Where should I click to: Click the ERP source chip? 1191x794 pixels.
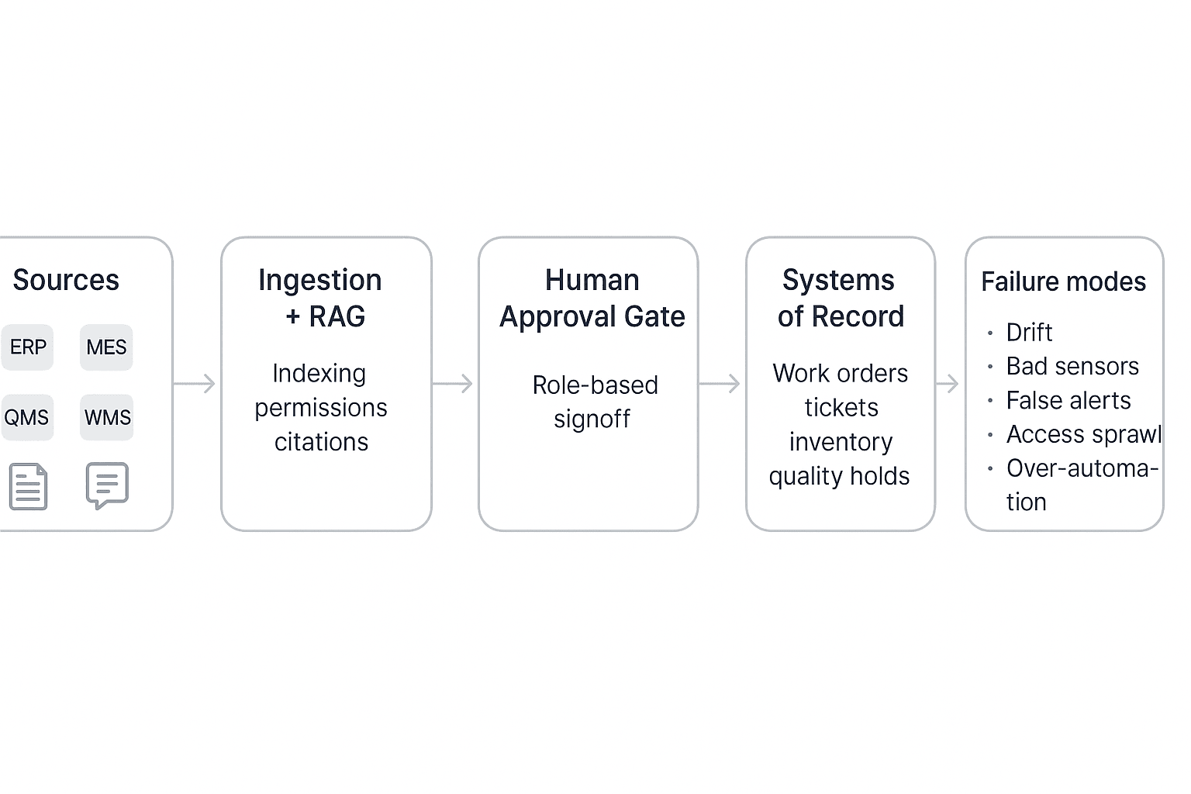point(28,347)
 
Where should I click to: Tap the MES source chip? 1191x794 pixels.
point(106,347)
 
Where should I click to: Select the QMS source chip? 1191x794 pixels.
point(27,418)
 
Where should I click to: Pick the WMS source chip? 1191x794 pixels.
point(107,418)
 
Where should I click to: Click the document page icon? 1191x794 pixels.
point(29,487)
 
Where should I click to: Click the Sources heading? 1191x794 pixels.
point(66,280)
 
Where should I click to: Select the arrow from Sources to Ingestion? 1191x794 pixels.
point(195,384)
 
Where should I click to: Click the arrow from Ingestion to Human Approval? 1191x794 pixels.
point(453,384)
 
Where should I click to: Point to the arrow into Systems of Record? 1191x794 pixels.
point(720,384)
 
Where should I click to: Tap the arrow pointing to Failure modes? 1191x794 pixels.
point(948,384)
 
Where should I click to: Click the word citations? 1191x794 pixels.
point(321,442)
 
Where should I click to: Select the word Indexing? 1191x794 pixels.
point(319,374)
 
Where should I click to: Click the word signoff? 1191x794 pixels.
point(592,419)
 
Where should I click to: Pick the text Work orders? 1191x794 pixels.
point(840,374)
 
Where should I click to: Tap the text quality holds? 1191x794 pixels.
point(839,476)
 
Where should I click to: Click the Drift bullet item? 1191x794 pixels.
point(1029,333)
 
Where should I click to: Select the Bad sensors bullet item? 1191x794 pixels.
point(1072,366)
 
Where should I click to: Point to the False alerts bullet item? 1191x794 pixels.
point(1068,401)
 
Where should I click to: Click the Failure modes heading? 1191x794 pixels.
point(1063,281)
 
